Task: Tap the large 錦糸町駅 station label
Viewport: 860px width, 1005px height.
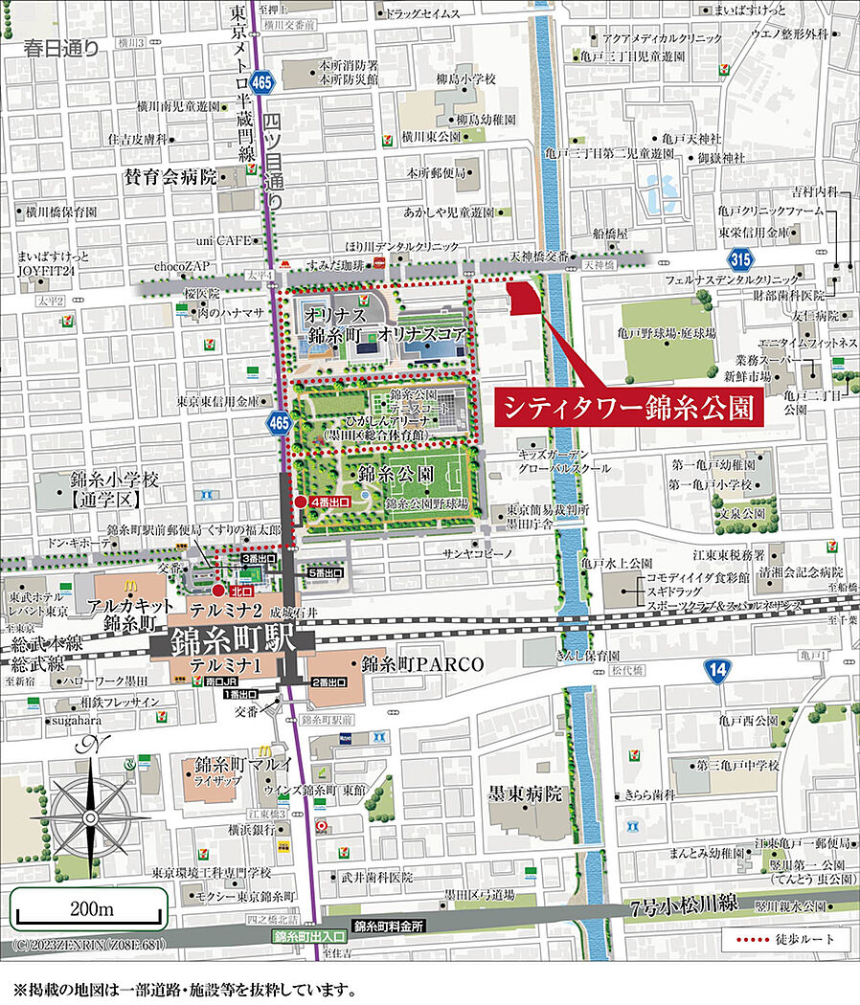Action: tap(226, 642)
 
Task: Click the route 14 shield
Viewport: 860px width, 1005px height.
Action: tap(717, 671)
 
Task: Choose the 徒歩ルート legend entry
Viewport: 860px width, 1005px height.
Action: tap(789, 939)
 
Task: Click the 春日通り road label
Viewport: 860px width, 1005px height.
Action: tap(61, 46)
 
